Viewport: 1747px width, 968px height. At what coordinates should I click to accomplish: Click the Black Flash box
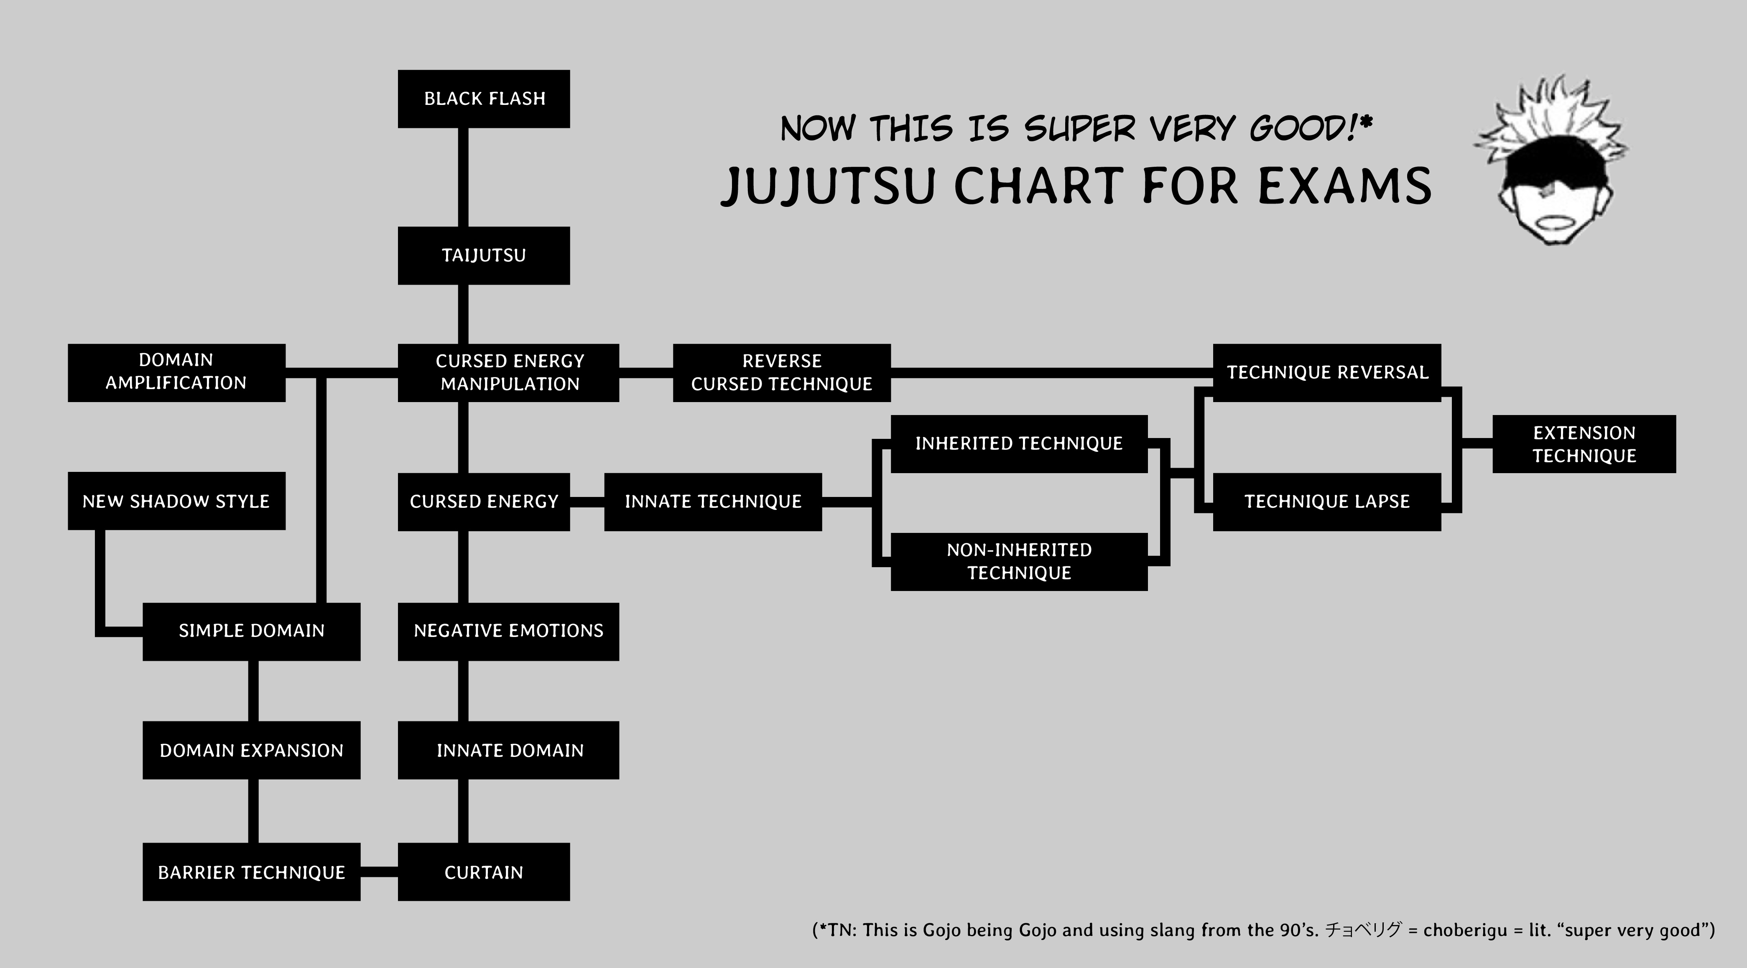click(x=484, y=99)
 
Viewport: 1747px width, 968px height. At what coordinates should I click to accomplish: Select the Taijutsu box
click(x=484, y=255)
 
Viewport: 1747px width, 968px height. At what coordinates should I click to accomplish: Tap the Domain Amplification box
click(x=176, y=372)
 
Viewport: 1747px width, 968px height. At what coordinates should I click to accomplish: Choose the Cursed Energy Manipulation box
click(x=509, y=372)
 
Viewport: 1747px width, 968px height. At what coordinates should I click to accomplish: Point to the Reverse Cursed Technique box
click(x=781, y=372)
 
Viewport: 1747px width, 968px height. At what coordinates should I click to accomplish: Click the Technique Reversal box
click(x=1326, y=372)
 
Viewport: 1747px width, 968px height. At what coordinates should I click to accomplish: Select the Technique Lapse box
click(x=1326, y=502)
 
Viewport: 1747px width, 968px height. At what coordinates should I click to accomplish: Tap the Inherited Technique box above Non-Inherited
click(x=1019, y=443)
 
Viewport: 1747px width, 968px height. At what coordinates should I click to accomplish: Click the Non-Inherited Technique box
click(x=1019, y=561)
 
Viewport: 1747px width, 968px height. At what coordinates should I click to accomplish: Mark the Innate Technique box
click(x=713, y=502)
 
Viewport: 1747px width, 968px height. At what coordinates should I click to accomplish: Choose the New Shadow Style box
click(x=176, y=501)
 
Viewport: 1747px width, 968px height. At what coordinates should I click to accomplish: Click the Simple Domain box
click(x=251, y=631)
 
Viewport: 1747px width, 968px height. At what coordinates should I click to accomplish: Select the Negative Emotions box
click(x=509, y=631)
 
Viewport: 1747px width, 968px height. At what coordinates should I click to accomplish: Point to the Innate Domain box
click(x=509, y=750)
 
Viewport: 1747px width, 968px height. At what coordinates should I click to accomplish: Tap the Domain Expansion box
click(x=251, y=750)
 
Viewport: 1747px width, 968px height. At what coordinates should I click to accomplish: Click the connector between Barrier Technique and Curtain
click(x=379, y=872)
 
